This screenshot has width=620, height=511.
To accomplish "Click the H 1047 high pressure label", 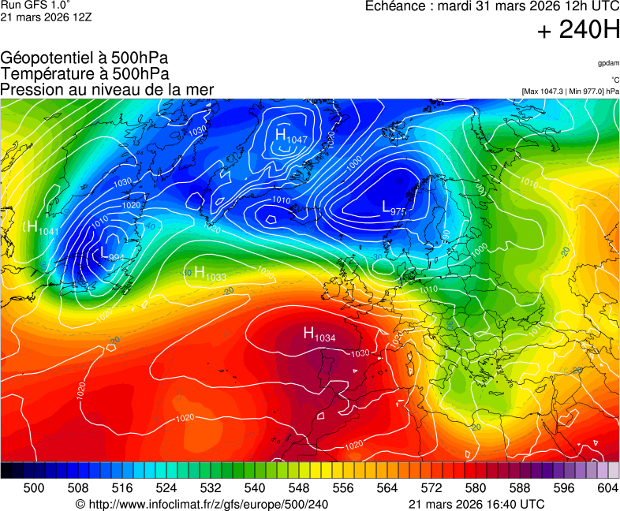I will click(290, 136).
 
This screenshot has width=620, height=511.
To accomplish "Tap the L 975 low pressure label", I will click(394, 208).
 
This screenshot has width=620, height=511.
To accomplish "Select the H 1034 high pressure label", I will click(319, 334).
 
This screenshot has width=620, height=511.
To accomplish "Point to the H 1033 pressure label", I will click(211, 274).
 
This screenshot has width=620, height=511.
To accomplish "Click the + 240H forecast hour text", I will click(577, 31).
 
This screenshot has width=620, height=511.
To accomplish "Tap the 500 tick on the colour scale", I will click(34, 488).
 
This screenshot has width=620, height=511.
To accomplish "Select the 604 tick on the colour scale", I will click(607, 488).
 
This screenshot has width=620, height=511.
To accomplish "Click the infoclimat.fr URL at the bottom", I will click(201, 504).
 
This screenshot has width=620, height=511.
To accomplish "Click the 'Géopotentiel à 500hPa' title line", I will click(84, 58).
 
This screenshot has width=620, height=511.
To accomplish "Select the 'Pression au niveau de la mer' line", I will click(107, 90).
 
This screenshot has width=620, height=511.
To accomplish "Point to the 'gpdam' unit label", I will click(608, 63).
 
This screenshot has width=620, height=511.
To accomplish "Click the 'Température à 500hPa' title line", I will click(84, 74).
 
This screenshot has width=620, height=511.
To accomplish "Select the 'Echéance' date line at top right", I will click(492, 6).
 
